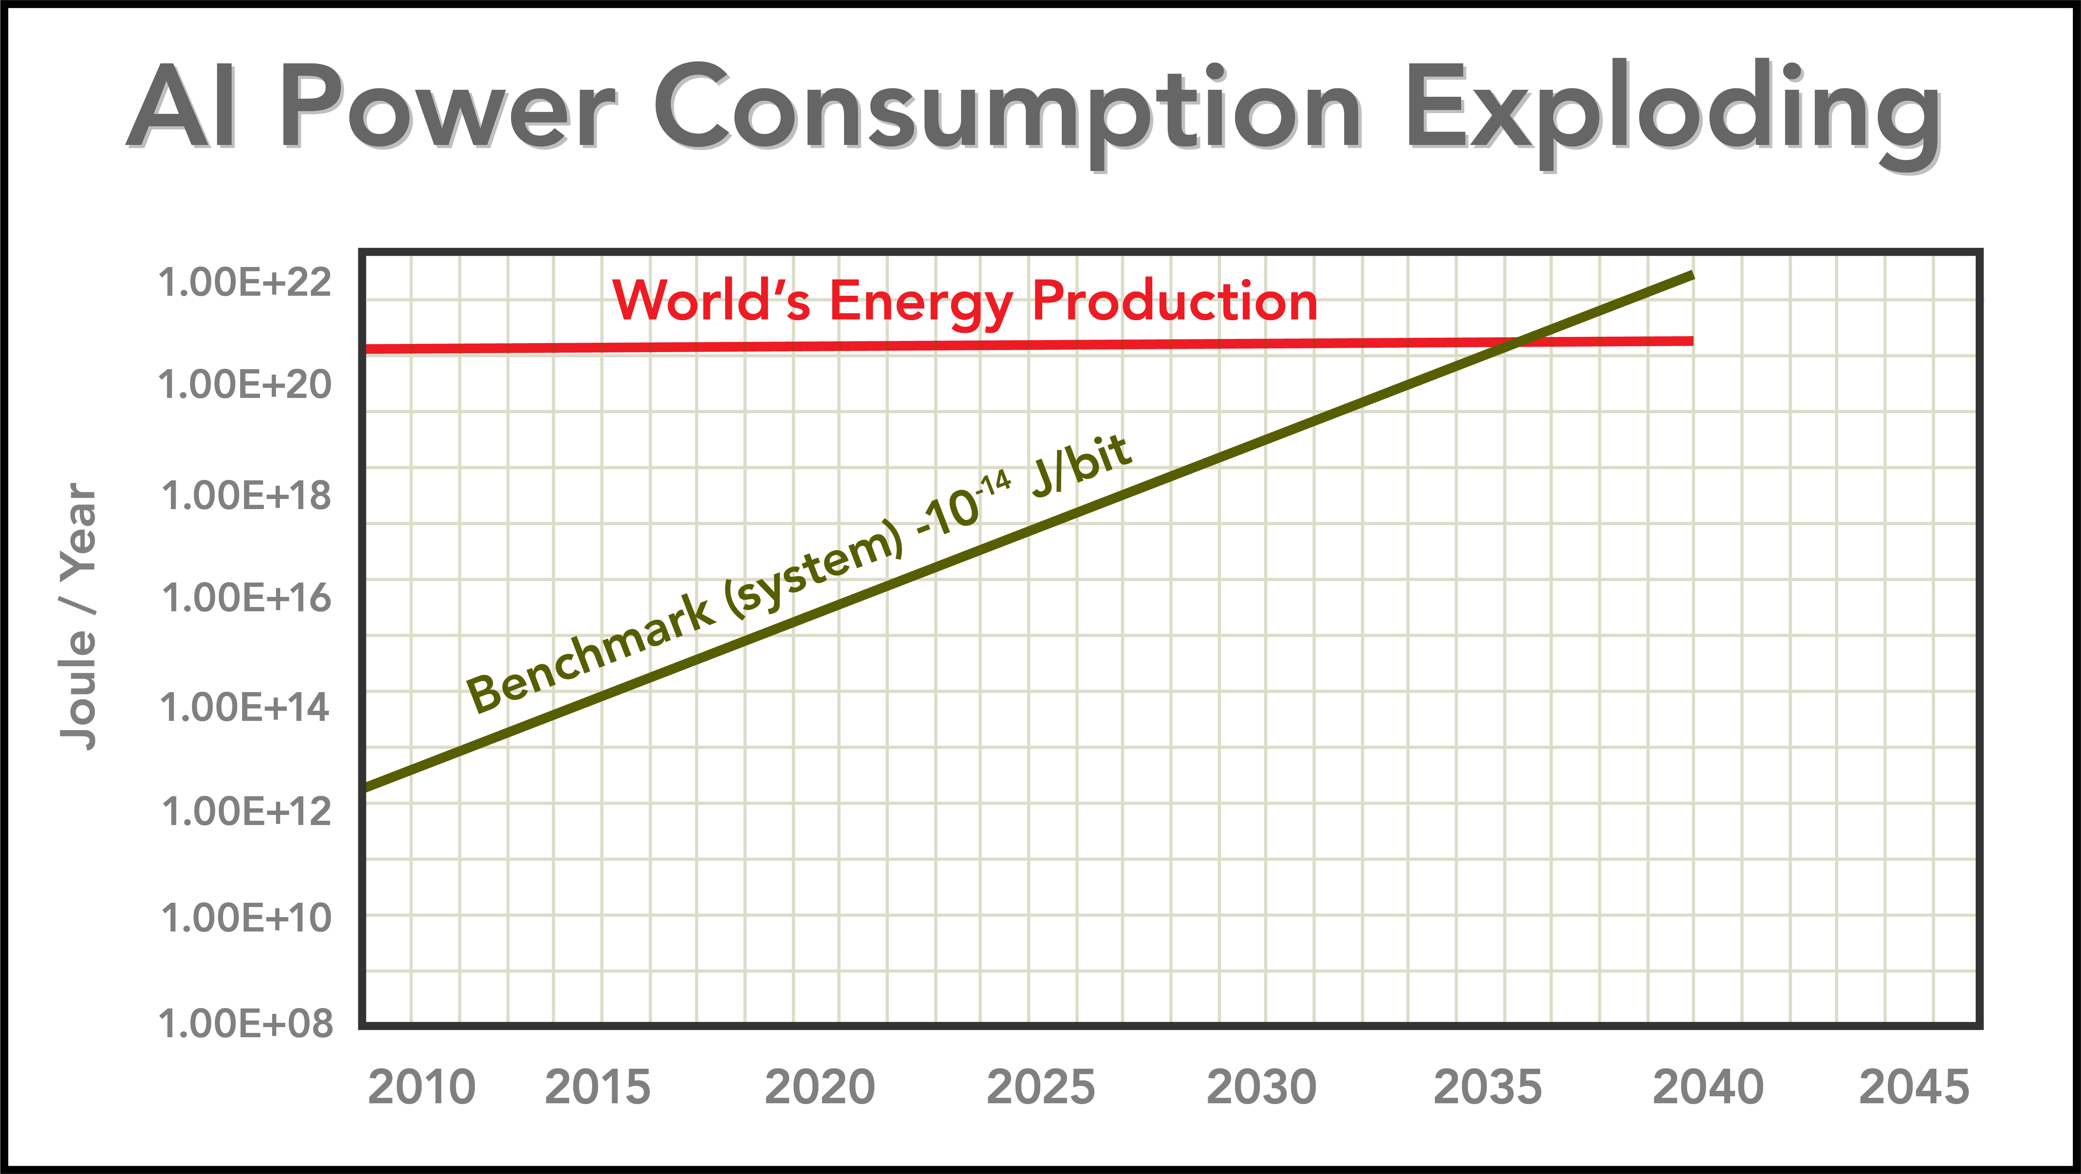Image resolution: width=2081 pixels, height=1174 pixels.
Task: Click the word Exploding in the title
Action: pos(1672,109)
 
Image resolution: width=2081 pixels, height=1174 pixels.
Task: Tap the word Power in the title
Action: pos(448,109)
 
